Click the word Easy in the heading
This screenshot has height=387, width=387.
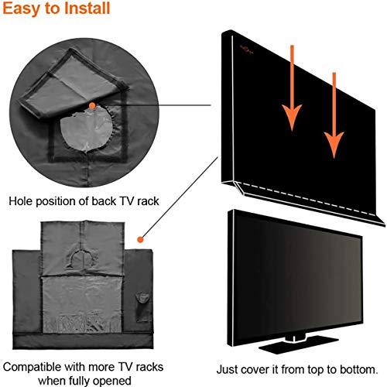pyautogui.click(x=22, y=10)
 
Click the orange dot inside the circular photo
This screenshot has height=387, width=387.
pyautogui.click(x=92, y=104)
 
